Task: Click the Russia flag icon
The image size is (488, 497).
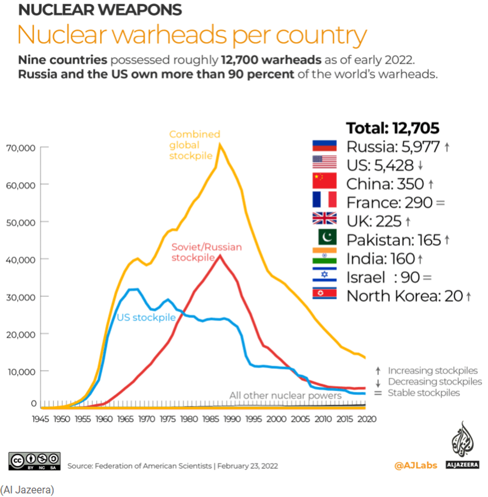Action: click(324, 146)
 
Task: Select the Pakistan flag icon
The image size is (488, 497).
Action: click(324, 238)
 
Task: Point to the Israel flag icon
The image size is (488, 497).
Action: click(324, 275)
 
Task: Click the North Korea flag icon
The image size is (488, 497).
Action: click(324, 294)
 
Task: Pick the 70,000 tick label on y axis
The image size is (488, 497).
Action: click(20, 147)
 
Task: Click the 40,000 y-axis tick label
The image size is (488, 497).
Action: click(20, 259)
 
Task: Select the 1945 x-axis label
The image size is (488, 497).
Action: click(41, 419)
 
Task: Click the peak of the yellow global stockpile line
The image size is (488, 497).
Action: click(220, 144)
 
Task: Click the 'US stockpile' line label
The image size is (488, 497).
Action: click(146, 317)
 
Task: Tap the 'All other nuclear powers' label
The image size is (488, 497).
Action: click(285, 395)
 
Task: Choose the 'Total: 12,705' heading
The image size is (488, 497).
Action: click(392, 128)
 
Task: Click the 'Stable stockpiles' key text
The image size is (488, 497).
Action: click(424, 393)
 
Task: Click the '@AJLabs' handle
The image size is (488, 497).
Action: click(416, 466)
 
